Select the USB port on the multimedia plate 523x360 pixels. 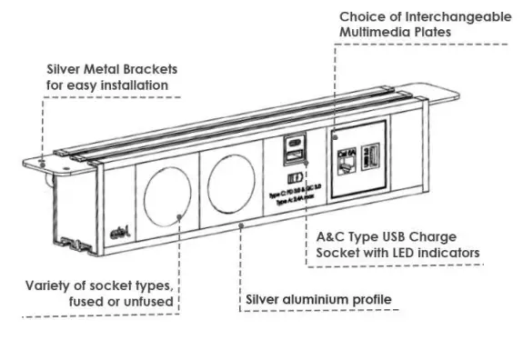(x=370, y=155)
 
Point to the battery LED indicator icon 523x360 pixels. (x=294, y=177)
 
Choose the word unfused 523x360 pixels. (x=149, y=301)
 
